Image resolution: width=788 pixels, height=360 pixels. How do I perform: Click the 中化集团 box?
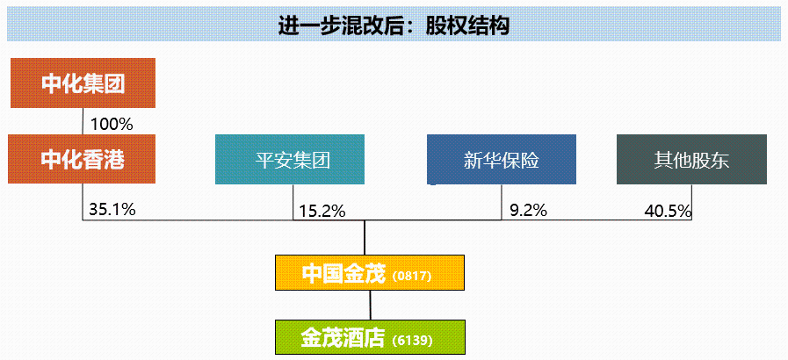click(83, 83)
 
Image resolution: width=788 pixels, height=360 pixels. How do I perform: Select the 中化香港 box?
click(82, 159)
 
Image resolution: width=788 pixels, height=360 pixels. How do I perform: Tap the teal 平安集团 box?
click(290, 159)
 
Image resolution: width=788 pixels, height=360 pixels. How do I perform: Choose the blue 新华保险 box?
click(502, 159)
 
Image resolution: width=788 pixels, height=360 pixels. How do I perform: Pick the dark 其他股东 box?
click(691, 159)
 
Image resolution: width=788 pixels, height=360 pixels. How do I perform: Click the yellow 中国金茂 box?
click(370, 273)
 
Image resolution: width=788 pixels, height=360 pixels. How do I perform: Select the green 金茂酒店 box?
click(371, 337)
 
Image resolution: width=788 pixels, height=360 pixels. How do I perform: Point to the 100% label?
click(112, 124)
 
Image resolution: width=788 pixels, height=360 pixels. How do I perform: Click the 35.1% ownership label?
click(112, 209)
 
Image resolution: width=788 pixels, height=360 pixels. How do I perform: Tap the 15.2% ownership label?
click(322, 212)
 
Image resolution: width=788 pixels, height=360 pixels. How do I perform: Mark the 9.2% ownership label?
click(528, 210)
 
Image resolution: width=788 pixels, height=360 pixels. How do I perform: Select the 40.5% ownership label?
click(668, 212)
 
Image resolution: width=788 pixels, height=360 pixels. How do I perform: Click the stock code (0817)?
click(412, 277)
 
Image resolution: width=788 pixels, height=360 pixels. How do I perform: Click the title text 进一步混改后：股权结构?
click(394, 25)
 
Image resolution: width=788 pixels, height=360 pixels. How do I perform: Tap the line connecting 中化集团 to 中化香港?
click(83, 121)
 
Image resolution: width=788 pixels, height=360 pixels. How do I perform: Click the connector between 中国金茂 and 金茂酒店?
click(371, 306)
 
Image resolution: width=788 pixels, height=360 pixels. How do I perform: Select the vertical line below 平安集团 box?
click(293, 202)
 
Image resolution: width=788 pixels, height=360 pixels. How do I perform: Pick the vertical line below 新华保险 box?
click(502, 202)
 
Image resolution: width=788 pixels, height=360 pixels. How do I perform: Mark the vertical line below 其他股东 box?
click(692, 202)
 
